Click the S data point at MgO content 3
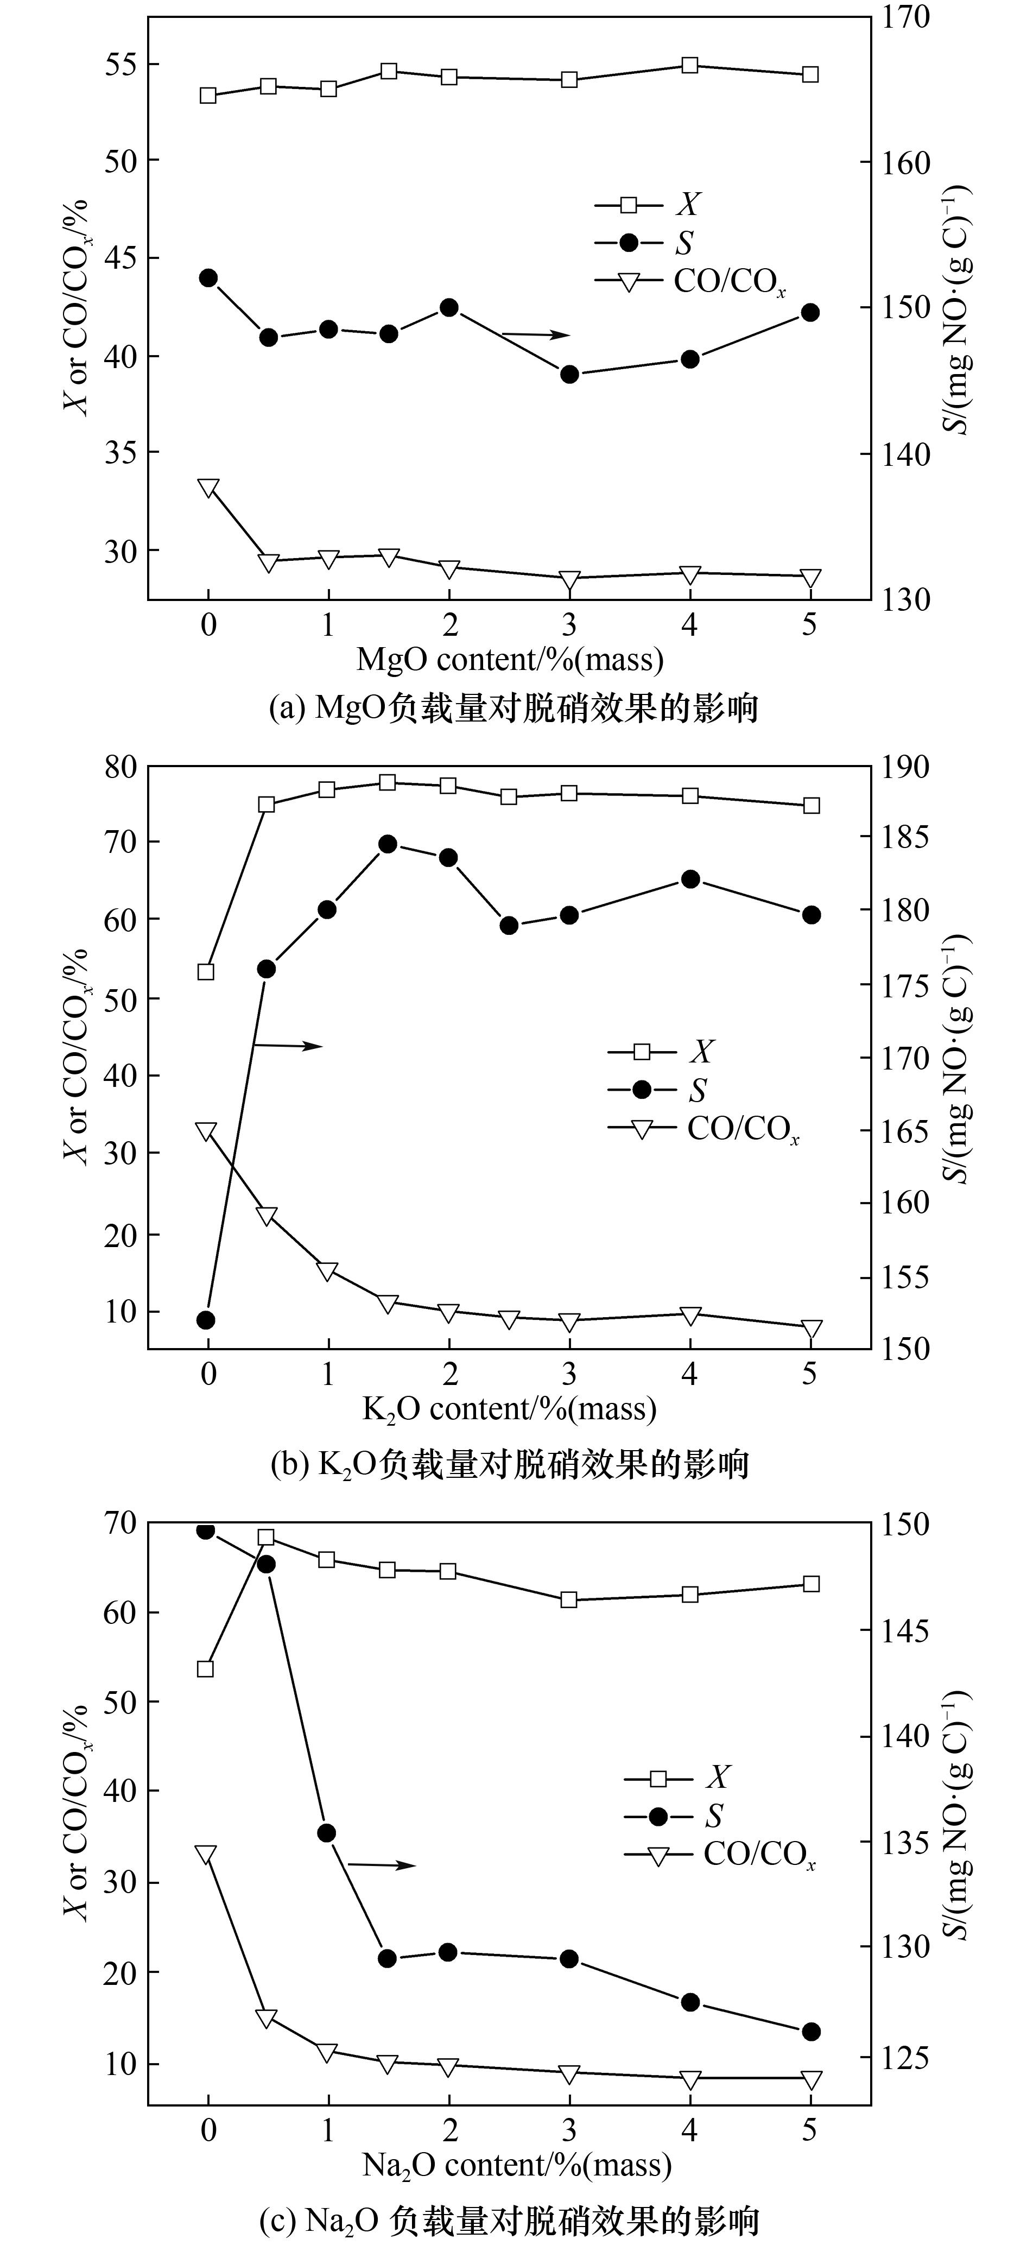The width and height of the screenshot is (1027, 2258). click(x=569, y=374)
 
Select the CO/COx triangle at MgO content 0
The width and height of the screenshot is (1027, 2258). click(x=208, y=488)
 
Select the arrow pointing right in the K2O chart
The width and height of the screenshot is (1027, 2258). click(x=289, y=1045)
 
